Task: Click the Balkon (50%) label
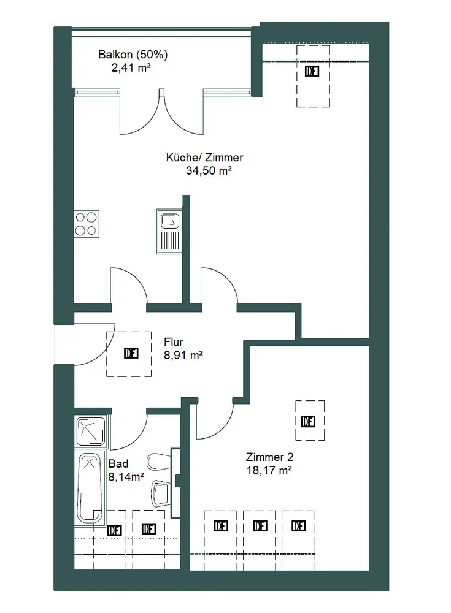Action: point(133,55)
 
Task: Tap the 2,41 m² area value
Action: point(131,67)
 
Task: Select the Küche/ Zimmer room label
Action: point(204,157)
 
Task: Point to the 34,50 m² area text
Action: point(209,170)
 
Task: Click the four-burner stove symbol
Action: point(87,224)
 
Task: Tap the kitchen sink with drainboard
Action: point(169,231)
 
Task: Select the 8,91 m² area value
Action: point(183,355)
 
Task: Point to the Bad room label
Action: point(118,463)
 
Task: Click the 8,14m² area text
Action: point(126,477)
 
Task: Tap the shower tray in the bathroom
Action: point(91,432)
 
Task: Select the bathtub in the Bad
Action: point(91,487)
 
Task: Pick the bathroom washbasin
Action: point(161,492)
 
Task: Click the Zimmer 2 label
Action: point(269,457)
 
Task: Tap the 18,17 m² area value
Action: point(269,470)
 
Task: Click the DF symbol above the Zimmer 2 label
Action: point(309,422)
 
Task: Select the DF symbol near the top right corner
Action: point(312,71)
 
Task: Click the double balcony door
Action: point(162,113)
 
